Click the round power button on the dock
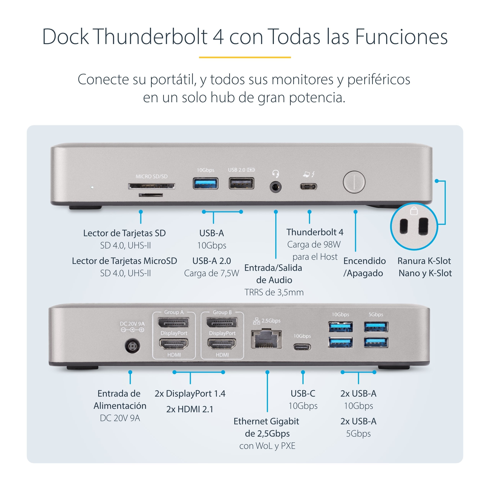pyautogui.click(x=354, y=182)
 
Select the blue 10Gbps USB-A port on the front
pyautogui.click(x=205, y=184)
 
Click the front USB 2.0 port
pyautogui.click(x=241, y=184)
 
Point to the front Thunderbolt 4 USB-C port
pyautogui.click(x=308, y=187)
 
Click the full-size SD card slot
pyautogui.click(x=151, y=186)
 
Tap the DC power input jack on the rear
pyautogui.click(x=132, y=346)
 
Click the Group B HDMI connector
pyautogui.click(x=222, y=344)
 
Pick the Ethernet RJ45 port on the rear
pyautogui.click(x=266, y=339)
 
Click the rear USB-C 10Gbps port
pyautogui.click(x=302, y=347)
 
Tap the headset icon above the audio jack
pyautogui.click(x=276, y=174)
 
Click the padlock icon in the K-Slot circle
pyautogui.click(x=414, y=211)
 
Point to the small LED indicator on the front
pyautogui.click(x=92, y=187)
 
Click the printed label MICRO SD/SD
pyautogui.click(x=152, y=176)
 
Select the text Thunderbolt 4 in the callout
pyautogui.click(x=315, y=232)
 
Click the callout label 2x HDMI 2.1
pyautogui.click(x=190, y=409)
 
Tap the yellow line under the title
pyautogui.click(x=245, y=57)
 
